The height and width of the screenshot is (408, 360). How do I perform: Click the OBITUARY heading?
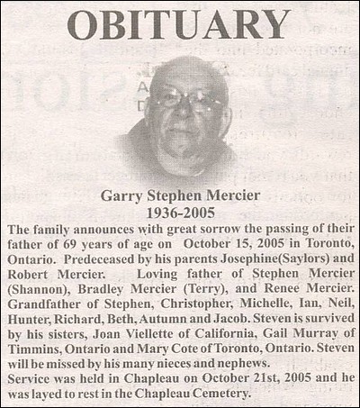coord(179,24)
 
